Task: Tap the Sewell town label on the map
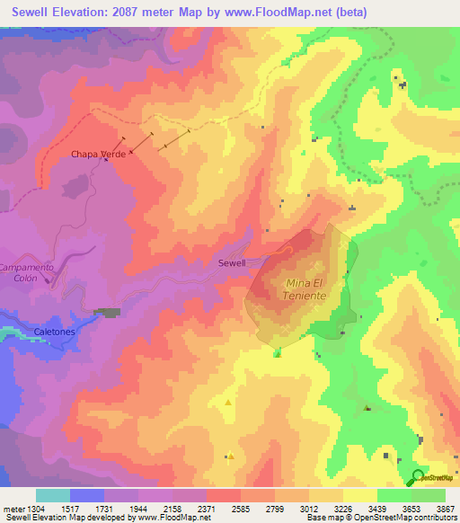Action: pyautogui.click(x=232, y=263)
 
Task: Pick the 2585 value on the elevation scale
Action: pyautogui.click(x=240, y=509)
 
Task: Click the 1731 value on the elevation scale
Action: pyautogui.click(x=104, y=509)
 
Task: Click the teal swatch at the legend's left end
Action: pyautogui.click(x=52, y=495)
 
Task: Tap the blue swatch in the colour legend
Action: pyautogui.click(x=86, y=495)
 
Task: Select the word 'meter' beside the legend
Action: pyautogui.click(x=13, y=509)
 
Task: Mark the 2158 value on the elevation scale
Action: pyautogui.click(x=172, y=509)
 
